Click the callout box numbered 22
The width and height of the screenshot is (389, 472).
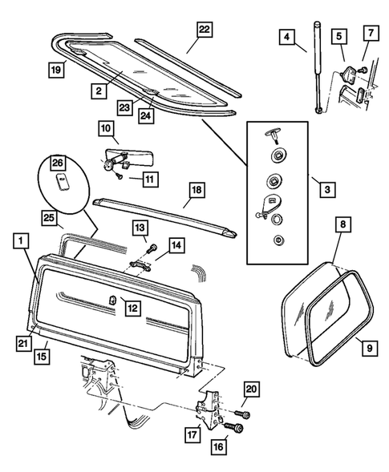(x=205, y=30)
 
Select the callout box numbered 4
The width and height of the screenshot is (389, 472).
(x=287, y=37)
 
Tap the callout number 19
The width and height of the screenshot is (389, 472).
(x=56, y=70)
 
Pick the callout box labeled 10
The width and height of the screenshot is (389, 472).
(x=106, y=128)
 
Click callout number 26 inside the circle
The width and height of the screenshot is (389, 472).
(x=58, y=163)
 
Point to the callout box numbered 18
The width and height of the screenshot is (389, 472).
(x=197, y=190)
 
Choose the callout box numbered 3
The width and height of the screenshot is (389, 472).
(x=327, y=190)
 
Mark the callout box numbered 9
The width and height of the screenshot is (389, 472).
(x=370, y=349)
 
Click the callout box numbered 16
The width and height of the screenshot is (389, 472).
(x=218, y=446)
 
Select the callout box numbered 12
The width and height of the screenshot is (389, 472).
(x=133, y=308)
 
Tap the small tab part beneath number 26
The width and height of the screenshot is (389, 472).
(x=63, y=182)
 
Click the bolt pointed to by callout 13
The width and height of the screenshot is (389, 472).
(x=152, y=248)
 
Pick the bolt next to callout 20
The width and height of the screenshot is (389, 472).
(x=242, y=414)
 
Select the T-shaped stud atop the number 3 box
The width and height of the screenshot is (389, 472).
(x=273, y=135)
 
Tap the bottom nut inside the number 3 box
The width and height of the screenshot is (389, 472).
(x=279, y=240)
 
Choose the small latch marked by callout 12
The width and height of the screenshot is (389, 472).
(x=112, y=301)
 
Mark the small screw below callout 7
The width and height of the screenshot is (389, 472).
(x=363, y=70)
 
